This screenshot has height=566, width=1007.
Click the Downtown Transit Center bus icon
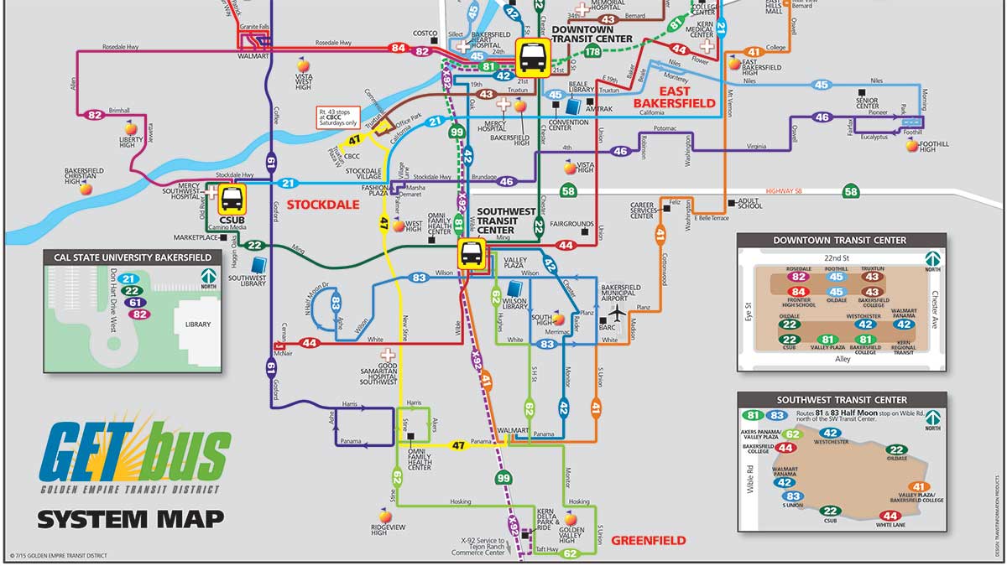tap(533, 58)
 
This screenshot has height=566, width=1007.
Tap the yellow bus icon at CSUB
tap(232, 200)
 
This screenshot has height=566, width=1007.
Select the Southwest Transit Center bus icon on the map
tap(472, 253)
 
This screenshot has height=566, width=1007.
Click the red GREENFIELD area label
tap(648, 541)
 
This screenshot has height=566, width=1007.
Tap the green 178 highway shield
tap(592, 52)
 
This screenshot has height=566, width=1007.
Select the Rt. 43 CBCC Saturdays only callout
tap(338, 117)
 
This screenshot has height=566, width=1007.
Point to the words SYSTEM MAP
tap(130, 519)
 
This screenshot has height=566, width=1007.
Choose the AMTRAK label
tap(598, 109)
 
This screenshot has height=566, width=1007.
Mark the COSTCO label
tap(425, 33)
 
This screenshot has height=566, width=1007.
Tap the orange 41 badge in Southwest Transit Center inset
tap(919, 486)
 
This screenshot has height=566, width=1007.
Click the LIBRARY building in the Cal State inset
tap(199, 324)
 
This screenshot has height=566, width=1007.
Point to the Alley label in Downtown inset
tap(842, 359)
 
